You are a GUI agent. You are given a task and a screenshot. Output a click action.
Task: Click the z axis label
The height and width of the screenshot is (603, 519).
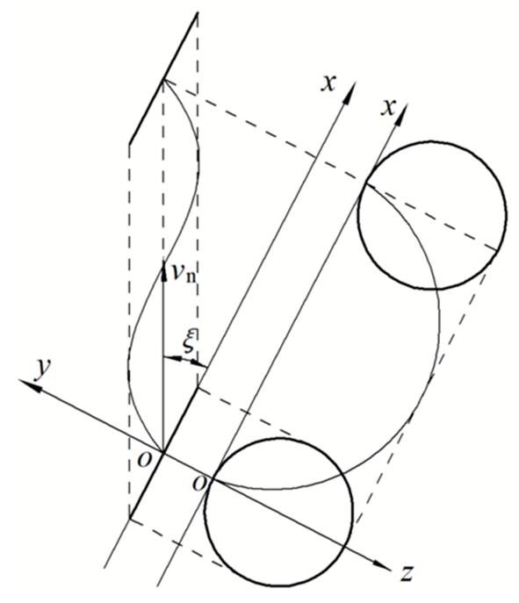coord(407,572)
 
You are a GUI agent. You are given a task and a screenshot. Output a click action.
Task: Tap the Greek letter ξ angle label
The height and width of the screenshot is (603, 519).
coord(190,341)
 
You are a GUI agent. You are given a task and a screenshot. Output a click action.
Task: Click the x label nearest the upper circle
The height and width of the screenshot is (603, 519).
coord(388,107)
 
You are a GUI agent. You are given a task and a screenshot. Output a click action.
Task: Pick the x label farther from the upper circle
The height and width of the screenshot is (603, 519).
coord(329,83)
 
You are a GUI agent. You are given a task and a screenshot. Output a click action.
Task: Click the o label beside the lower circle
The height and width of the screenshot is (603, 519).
coord(199,484)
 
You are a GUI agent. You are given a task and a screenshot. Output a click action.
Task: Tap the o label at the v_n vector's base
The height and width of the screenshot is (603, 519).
coord(144,460)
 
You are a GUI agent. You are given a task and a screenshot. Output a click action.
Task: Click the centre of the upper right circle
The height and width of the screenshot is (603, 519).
coord(432,215)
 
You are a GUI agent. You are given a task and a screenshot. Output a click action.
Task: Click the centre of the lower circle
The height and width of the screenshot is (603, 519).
coord(278,512)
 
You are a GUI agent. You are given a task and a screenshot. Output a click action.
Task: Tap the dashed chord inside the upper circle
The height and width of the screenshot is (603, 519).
coord(432,217)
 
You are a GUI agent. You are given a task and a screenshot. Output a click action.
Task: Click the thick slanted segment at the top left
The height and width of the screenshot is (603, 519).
coord(163,78)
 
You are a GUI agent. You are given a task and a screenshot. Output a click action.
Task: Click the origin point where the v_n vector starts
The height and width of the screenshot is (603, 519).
coord(164,452)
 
